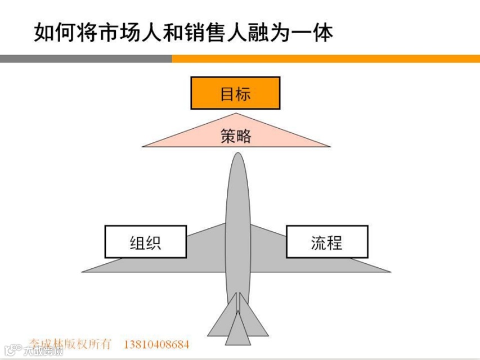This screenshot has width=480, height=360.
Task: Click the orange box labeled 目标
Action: (235, 93)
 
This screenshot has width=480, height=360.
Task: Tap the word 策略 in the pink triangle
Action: (235, 136)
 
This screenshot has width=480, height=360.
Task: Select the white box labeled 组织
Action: (146, 242)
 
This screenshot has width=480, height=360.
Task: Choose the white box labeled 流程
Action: (327, 242)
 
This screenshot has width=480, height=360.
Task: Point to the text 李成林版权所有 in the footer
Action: (71, 343)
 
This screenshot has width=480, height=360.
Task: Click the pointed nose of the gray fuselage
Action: (237, 155)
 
